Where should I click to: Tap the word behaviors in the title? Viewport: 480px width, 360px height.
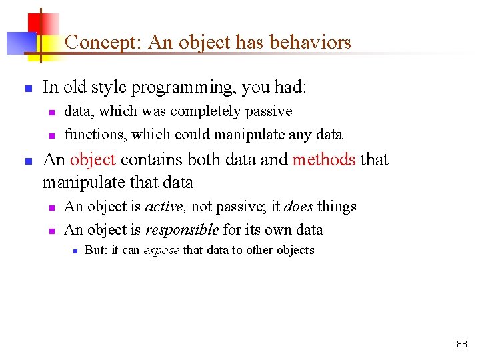click(311, 43)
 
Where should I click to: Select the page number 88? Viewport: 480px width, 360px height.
click(462, 345)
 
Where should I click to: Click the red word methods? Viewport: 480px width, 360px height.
click(324, 160)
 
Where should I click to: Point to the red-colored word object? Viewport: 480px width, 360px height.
click(93, 160)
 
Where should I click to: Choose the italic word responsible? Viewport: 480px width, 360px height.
click(182, 230)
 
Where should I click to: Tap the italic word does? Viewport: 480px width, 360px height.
click(299, 207)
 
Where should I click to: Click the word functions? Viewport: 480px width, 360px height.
click(93, 135)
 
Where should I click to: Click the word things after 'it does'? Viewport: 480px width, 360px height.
click(337, 207)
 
